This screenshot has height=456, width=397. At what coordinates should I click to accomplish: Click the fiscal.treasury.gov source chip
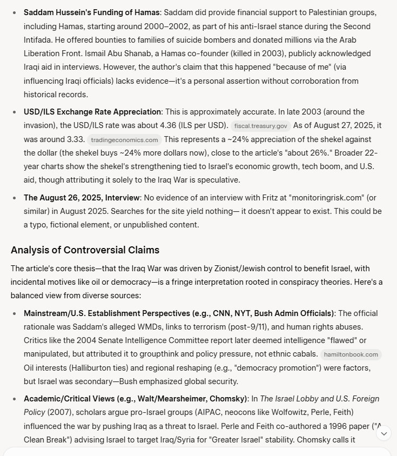click(261, 126)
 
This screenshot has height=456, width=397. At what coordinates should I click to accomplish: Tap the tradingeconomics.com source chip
click(124, 140)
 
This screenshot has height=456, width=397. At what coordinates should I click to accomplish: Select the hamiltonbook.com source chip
click(351, 355)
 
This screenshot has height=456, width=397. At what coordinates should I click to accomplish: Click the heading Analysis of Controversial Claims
click(85, 250)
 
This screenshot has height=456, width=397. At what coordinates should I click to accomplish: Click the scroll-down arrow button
click(383, 433)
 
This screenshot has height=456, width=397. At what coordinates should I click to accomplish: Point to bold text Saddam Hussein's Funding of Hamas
click(91, 12)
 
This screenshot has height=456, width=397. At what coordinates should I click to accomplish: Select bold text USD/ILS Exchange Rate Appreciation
click(92, 112)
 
